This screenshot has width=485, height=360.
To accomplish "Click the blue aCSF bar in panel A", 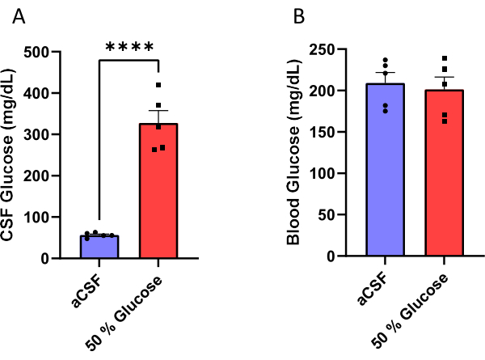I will [99, 247].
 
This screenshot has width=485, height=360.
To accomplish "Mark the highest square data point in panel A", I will [158, 85].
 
